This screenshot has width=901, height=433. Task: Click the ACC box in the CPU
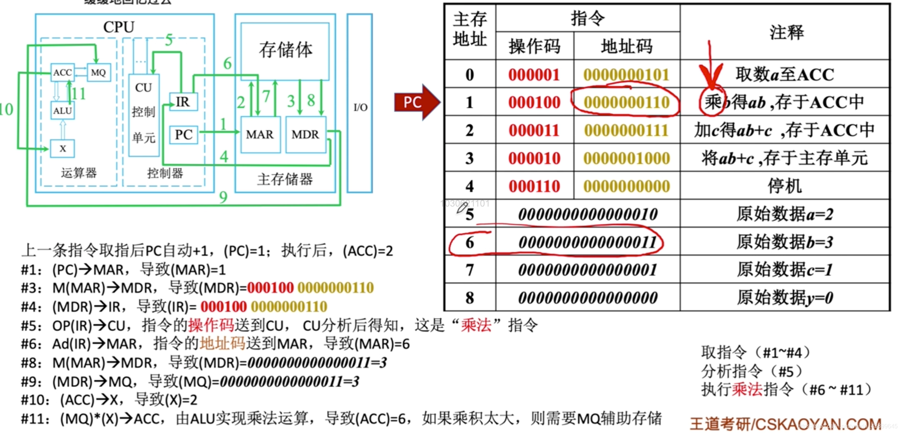click(63, 72)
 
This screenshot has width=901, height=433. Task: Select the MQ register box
click(98, 72)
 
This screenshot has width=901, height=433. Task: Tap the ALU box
click(63, 111)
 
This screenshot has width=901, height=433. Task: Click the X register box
click(63, 148)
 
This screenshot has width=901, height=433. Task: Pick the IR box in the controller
click(183, 102)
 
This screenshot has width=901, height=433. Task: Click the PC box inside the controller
click(184, 135)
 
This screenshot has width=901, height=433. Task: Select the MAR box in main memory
click(260, 135)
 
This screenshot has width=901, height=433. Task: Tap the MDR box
click(305, 135)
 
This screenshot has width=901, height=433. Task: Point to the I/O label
click(360, 107)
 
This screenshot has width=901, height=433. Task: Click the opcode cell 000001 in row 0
click(534, 75)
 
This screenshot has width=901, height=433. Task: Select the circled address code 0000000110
click(626, 103)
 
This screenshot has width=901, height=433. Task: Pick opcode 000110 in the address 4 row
click(534, 186)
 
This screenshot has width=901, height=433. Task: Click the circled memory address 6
click(470, 243)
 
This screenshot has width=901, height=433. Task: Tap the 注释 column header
click(786, 32)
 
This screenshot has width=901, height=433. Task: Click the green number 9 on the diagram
click(223, 198)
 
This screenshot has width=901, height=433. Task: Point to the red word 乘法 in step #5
click(476, 325)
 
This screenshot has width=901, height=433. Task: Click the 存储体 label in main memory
click(285, 50)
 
